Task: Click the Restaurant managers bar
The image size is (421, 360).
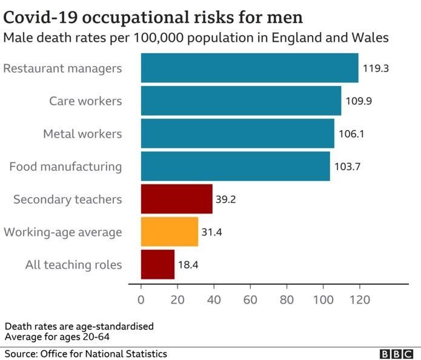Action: (250, 68)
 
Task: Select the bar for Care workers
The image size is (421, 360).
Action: (241, 100)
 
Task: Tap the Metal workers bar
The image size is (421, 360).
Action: (237, 133)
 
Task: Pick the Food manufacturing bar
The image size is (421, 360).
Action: (236, 166)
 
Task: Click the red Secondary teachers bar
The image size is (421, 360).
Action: (177, 199)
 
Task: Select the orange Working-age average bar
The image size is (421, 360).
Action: (170, 232)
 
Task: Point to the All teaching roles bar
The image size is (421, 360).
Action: (157, 264)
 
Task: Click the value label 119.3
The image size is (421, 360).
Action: (376, 68)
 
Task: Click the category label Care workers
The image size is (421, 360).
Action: (85, 100)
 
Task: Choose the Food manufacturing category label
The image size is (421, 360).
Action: (65, 166)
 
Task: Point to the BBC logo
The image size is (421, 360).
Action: (395, 353)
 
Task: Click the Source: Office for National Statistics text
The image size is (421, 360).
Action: (86, 353)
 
